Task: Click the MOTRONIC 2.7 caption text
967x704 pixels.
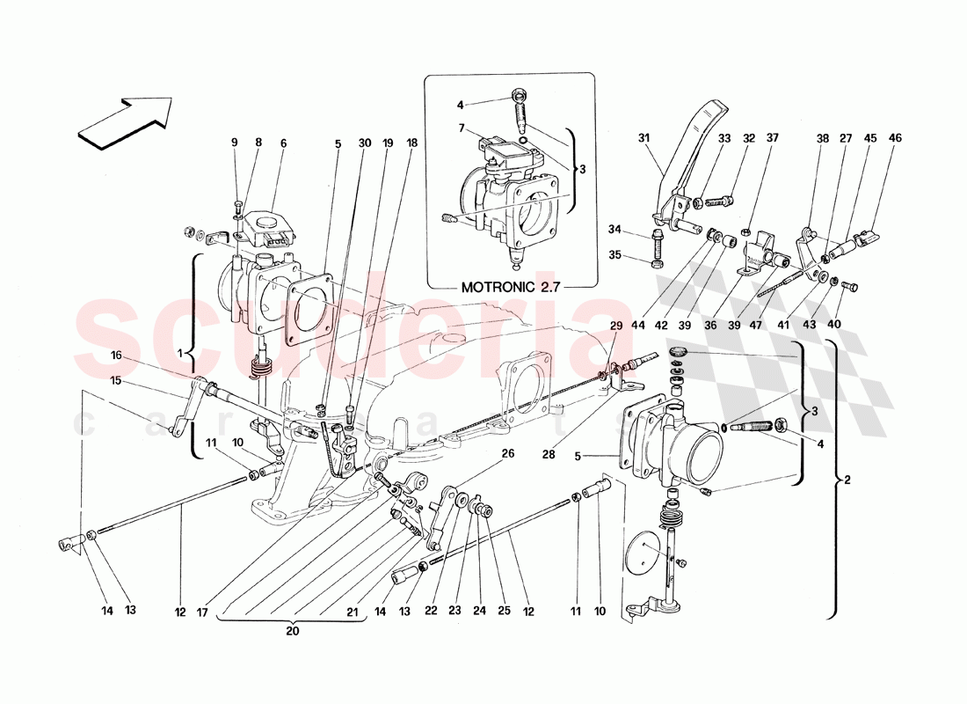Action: pyautogui.click(x=510, y=286)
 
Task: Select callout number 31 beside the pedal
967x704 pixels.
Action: pyautogui.click(x=643, y=138)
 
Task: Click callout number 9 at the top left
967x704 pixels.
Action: pyautogui.click(x=235, y=143)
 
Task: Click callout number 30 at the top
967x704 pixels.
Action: pyautogui.click(x=364, y=143)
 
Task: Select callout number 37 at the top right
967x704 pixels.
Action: pyautogui.click(x=773, y=138)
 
